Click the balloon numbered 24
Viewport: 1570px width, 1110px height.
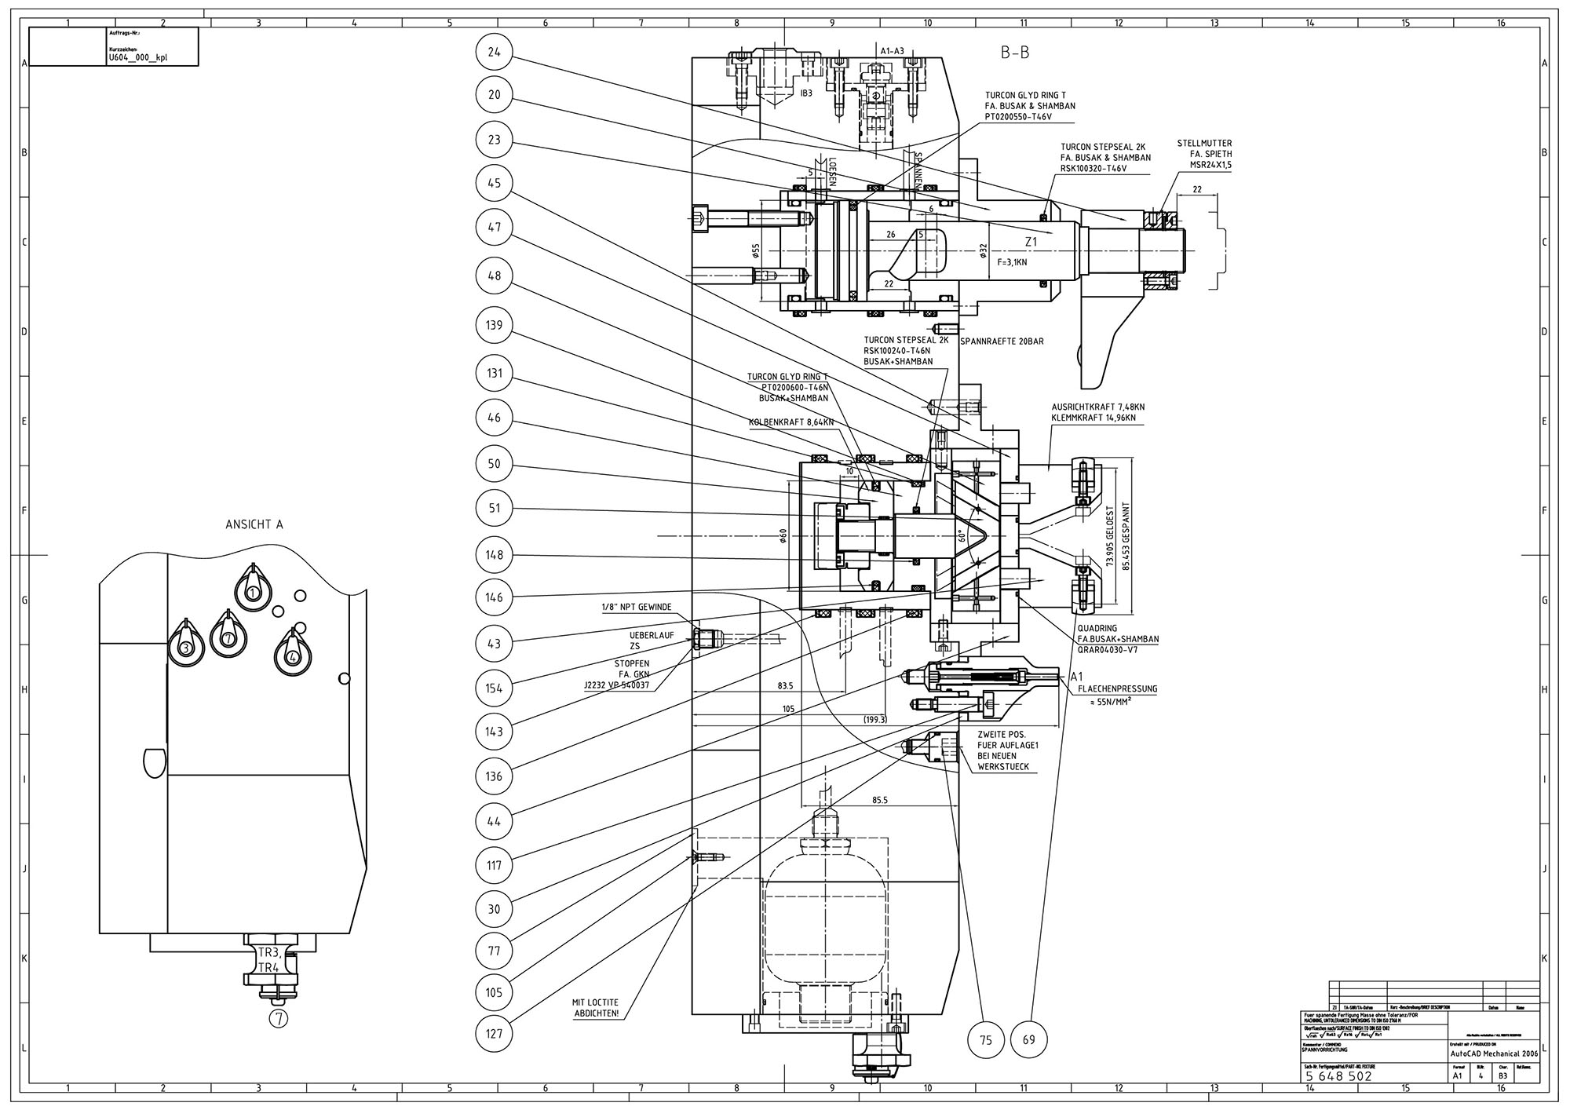(x=494, y=53)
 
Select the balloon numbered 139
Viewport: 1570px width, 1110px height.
(x=494, y=325)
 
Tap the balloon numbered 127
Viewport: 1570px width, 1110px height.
(x=494, y=1034)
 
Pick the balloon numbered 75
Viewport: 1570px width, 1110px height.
(x=987, y=1041)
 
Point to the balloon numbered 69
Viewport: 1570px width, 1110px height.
(x=1030, y=1041)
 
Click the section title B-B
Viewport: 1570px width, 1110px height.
(x=1014, y=53)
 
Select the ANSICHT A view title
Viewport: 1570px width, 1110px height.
(x=254, y=525)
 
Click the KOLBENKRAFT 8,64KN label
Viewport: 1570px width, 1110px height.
(x=790, y=422)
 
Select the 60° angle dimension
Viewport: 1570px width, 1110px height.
(x=961, y=535)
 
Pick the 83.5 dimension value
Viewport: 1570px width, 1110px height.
(x=785, y=686)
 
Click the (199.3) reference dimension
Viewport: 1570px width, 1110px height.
(x=874, y=720)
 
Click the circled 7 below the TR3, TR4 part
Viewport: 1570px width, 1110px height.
(x=279, y=1019)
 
